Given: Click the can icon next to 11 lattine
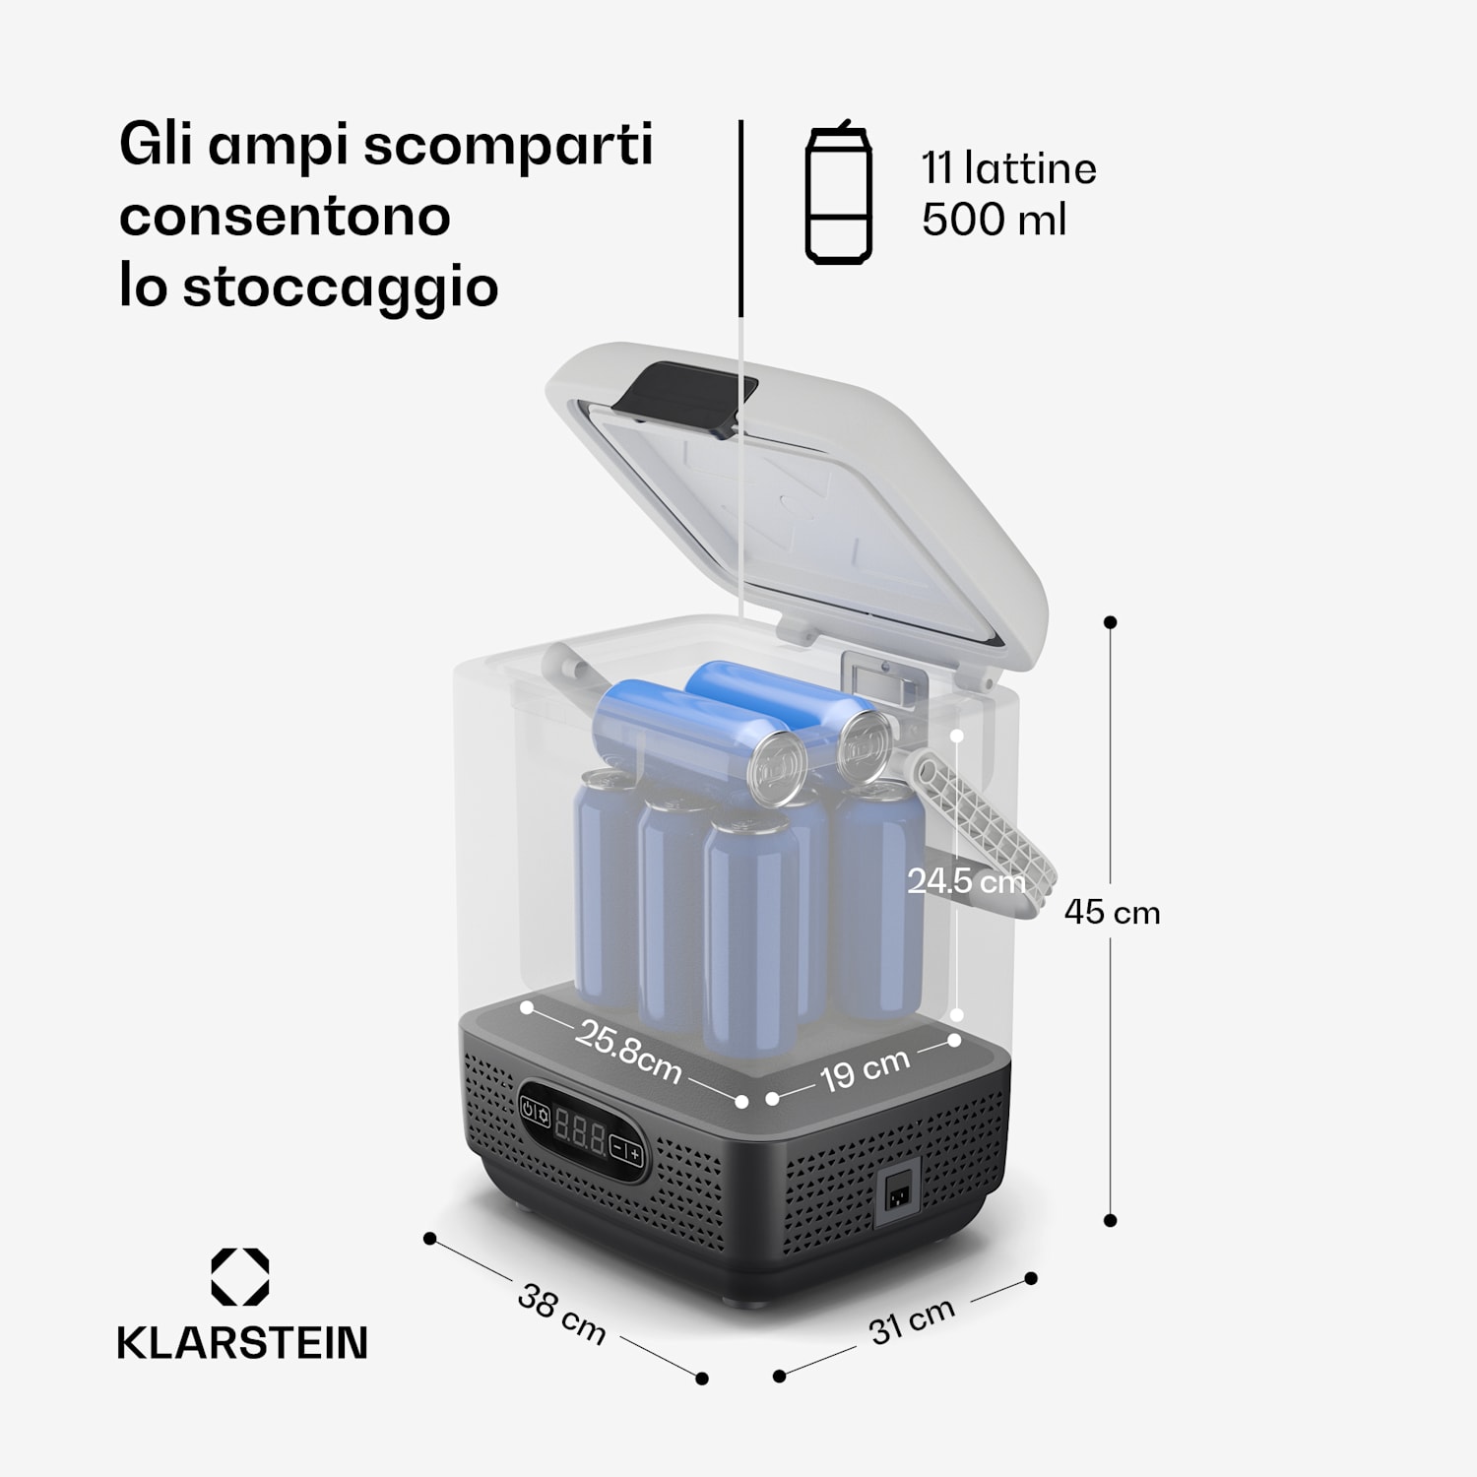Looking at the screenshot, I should (x=838, y=194).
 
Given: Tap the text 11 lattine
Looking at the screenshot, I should (x=1008, y=168).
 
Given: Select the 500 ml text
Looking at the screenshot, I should (x=994, y=219).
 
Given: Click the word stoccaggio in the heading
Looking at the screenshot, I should (x=340, y=288).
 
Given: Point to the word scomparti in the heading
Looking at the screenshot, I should (x=508, y=145).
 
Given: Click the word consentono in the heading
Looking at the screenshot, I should (x=285, y=216).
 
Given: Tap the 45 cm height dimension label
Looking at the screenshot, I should (x=1112, y=913).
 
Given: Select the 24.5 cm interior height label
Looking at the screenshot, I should (x=966, y=880).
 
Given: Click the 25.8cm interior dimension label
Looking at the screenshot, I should (x=629, y=1052).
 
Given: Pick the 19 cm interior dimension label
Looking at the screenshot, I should (x=865, y=1069).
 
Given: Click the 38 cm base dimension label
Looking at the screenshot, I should (x=561, y=1314).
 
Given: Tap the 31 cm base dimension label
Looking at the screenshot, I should (x=912, y=1320).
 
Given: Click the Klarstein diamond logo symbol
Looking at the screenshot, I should (x=240, y=1277).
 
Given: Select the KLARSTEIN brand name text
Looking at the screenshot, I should (x=242, y=1343).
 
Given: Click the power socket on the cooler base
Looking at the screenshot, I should (x=897, y=1195).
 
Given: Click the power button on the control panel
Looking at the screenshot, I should (x=530, y=1111).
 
